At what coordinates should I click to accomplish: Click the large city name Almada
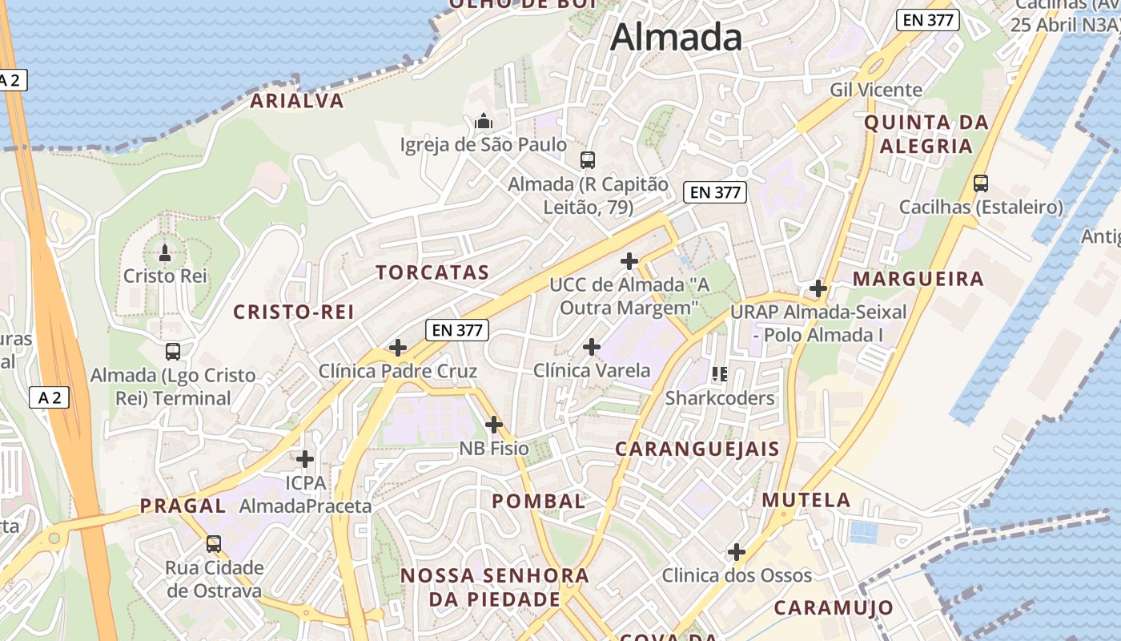tap(677, 38)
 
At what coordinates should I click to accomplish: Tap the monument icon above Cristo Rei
tap(165, 253)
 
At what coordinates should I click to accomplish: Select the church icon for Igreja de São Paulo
tap(483, 122)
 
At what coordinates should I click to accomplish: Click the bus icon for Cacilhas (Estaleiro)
tap(981, 183)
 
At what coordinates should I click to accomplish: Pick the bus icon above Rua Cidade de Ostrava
tap(213, 544)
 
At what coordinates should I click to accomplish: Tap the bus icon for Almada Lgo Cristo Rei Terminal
tap(172, 351)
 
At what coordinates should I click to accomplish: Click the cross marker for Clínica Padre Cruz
tap(397, 348)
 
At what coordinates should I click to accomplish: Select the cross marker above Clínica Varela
tap(592, 347)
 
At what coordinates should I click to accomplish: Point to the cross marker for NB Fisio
tap(494, 424)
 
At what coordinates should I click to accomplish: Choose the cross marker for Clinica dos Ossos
tap(737, 551)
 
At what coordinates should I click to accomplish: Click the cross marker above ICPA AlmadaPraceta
tap(305, 459)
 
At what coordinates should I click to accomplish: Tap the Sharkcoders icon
tap(720, 374)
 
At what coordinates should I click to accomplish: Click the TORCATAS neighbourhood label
tap(432, 272)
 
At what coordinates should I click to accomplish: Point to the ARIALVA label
tap(297, 101)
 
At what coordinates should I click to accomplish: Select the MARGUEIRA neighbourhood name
tap(918, 279)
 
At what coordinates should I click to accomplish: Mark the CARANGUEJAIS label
tap(697, 449)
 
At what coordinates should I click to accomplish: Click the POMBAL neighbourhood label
tap(538, 502)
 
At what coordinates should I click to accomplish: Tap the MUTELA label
tap(806, 500)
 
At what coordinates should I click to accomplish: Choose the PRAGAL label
tap(183, 506)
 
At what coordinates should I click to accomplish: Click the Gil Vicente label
tap(876, 90)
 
